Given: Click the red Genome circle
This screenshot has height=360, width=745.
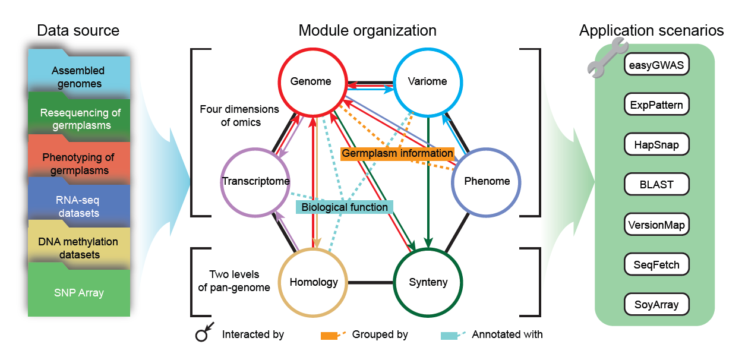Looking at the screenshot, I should point(311,81).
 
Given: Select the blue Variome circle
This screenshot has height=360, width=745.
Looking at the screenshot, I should point(428,81).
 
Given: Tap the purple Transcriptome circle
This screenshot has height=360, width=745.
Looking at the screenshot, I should point(255,181).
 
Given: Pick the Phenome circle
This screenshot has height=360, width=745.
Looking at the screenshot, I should point(487,181).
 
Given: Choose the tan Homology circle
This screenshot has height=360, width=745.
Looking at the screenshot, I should point(314,282).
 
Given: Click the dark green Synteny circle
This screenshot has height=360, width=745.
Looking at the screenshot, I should point(428,282).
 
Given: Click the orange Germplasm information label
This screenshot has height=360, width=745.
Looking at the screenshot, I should point(397,153).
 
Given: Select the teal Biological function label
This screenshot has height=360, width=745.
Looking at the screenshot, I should point(345,207).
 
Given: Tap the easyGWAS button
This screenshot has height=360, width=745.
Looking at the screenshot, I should point(656,65).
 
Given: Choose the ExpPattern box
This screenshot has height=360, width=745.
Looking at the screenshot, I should point(656,105).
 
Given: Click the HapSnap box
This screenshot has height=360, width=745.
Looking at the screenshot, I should point(656,144).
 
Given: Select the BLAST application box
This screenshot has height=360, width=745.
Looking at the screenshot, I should point(656,184).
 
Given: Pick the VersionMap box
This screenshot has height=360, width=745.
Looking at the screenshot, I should point(656,225).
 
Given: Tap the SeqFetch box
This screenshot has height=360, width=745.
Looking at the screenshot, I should point(656,264).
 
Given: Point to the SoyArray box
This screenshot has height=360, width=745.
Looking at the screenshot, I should point(656,305).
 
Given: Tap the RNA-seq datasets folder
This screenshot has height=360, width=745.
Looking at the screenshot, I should point(79,206).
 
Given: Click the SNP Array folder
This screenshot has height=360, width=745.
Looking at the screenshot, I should point(79,292).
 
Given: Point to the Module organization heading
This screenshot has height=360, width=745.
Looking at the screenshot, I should point(367,31).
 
